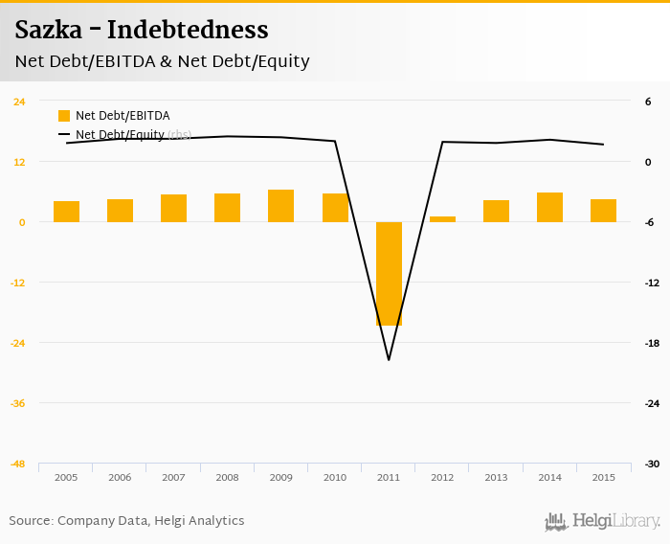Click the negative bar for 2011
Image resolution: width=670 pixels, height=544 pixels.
pos(389,273)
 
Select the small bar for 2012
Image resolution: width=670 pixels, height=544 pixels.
pos(442,219)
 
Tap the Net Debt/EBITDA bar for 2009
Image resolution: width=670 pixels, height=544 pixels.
pos(280,206)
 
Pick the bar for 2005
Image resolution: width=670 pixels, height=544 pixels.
pos(66,212)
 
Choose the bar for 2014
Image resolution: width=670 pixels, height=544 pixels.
pos(549,207)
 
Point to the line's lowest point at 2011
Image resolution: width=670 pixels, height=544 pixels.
pos(389,360)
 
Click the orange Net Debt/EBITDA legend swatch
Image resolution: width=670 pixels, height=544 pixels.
pos(64,116)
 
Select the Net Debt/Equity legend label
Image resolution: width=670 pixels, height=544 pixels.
pos(120,135)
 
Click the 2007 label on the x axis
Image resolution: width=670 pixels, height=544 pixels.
pos(173,477)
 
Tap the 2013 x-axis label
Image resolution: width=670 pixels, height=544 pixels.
pos(496,477)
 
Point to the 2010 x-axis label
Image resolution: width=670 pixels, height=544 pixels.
pos(334,477)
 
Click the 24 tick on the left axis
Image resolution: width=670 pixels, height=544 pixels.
pos(19,102)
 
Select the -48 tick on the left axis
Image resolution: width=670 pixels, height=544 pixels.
pos(18,464)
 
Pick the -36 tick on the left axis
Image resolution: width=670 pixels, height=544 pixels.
pos(18,403)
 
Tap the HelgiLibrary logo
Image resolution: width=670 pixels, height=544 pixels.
pos(602,521)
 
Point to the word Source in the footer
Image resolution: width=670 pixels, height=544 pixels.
pos(29,521)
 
